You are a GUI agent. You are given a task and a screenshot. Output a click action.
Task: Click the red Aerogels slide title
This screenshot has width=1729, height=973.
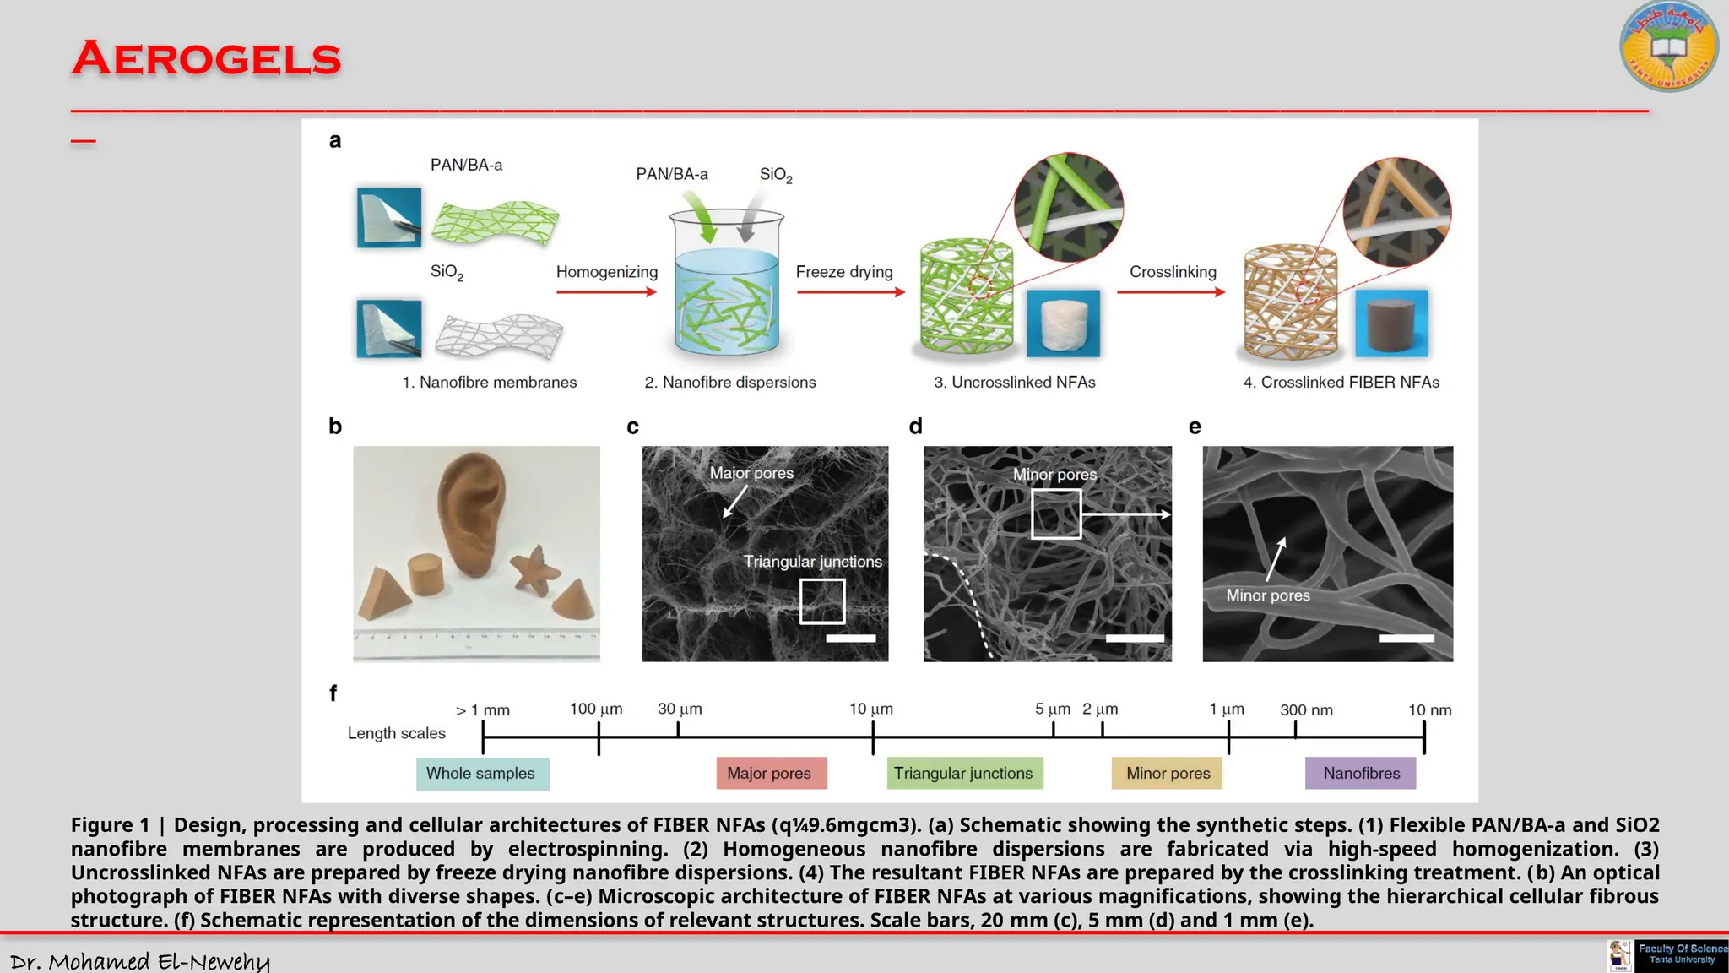pos(206,59)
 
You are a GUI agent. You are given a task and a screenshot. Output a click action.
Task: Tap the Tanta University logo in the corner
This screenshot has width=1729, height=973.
pos(1668,46)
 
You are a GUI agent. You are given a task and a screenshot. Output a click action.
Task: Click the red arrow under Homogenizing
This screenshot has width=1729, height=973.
pos(606,292)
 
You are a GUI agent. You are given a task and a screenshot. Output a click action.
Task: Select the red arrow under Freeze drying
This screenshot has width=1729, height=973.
pos(850,292)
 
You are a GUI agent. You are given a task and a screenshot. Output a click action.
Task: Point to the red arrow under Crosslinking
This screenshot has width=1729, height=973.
pos(1171,292)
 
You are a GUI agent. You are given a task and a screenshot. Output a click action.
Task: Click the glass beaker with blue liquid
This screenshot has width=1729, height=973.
pos(726,283)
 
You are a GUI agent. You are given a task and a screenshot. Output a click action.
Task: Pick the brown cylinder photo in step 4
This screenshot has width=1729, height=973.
pos(1391,323)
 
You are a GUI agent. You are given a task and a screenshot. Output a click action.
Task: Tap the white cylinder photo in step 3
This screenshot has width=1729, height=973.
pos(1063,323)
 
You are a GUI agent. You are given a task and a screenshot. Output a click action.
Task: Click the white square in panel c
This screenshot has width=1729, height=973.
pos(822,601)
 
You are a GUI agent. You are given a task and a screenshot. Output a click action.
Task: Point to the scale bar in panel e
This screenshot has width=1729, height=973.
pos(1407,639)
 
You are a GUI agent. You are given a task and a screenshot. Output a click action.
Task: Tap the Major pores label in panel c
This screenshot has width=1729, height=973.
pos(751,473)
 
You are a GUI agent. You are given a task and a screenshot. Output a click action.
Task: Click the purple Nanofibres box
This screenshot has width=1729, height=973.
pos(1360,773)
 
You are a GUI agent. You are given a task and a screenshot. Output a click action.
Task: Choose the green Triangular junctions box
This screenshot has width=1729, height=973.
pos(964,773)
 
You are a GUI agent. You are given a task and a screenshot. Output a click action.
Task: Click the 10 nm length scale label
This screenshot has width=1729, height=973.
pos(1429,710)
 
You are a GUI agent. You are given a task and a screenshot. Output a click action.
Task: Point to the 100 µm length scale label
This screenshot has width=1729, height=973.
pos(596,709)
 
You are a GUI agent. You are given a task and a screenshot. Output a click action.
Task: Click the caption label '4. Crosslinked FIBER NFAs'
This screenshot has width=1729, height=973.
pos(1341,383)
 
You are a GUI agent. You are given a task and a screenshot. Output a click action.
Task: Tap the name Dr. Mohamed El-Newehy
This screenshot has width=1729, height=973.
pos(140,961)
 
